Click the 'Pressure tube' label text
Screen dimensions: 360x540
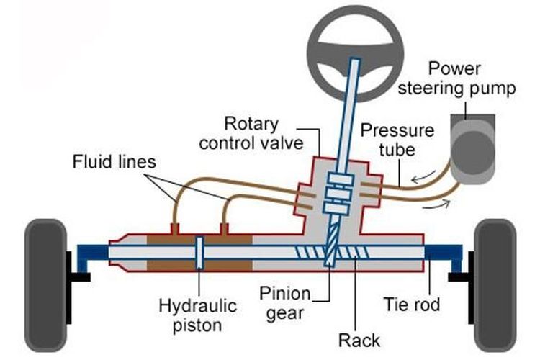pos(397,141)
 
